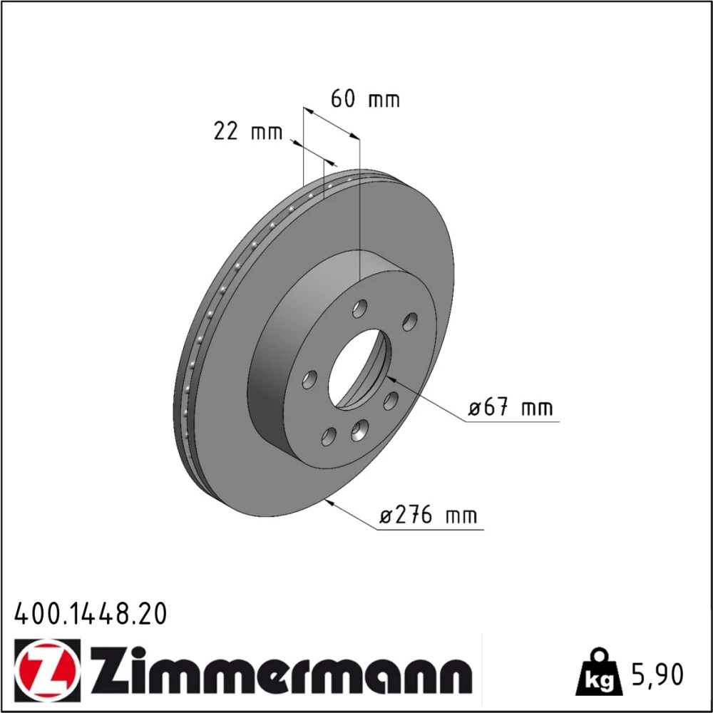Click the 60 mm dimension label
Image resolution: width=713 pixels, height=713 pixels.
(365, 98)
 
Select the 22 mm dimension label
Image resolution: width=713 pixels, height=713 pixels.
(248, 131)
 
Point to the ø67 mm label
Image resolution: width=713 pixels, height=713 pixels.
(511, 407)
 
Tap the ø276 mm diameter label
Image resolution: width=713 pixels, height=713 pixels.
(429, 515)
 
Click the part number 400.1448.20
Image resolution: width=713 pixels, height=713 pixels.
(91, 613)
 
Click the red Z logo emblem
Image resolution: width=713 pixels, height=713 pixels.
(47, 669)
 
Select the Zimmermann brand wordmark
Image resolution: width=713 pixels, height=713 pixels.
(280, 670)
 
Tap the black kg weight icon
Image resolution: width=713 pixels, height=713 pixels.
(598, 672)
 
